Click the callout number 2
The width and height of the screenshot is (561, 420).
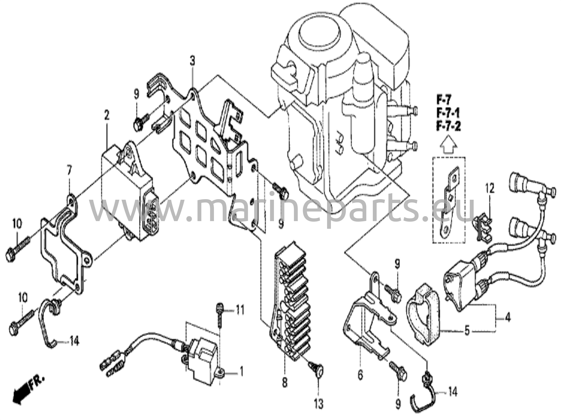coord(106,116)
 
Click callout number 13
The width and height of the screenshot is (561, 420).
coord(319,404)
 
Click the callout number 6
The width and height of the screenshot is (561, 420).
coord(360,375)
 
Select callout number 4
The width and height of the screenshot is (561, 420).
coord(508,319)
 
